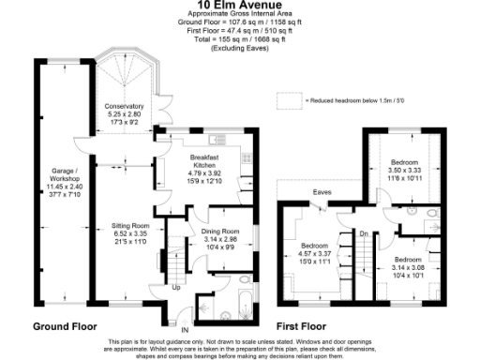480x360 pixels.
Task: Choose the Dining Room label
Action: tap(221, 231)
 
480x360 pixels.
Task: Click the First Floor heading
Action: tap(308, 327)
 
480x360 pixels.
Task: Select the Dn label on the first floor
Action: tap(363, 233)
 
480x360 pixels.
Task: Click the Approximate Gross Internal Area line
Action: tap(239, 17)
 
